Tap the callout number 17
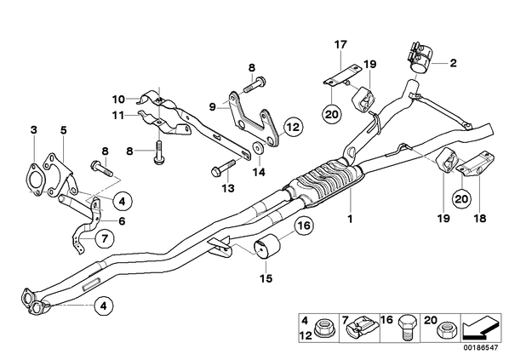[340, 44]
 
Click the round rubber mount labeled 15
[268, 248]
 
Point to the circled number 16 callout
[304, 226]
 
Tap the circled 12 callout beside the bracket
[293, 127]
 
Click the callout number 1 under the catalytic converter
[351, 220]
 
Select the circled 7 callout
[105, 239]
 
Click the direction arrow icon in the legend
[482, 328]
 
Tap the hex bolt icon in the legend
[406, 327]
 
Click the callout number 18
[480, 218]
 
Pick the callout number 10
[119, 99]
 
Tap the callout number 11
[119, 115]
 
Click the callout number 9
[213, 106]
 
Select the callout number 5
[63, 130]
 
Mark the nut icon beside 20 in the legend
[447, 329]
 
